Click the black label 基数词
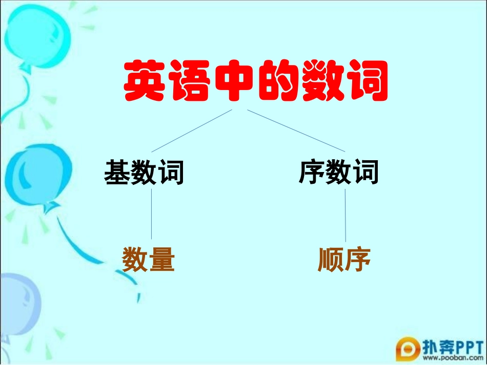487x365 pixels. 144,172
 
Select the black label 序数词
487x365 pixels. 338,172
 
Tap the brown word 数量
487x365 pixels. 149,260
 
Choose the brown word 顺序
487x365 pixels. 344,260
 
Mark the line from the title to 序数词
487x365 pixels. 296,131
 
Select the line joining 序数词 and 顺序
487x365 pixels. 345,215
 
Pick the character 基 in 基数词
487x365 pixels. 117,172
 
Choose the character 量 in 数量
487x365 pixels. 162,260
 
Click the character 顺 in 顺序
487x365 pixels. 331,260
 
